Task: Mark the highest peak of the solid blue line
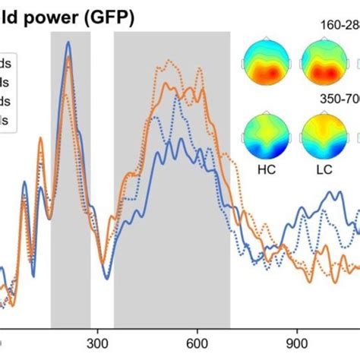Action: tap(68, 43)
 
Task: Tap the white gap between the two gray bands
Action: tap(102, 152)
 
